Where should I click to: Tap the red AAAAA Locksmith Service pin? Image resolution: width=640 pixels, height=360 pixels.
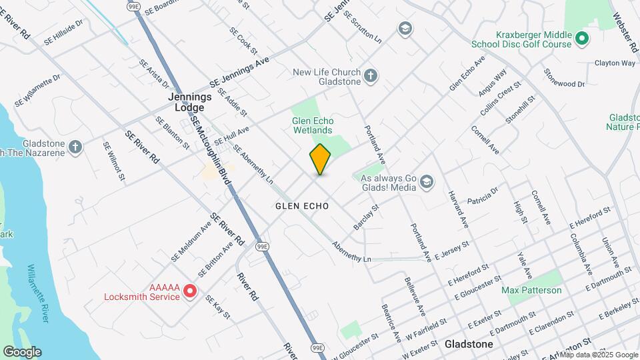coord(190,291)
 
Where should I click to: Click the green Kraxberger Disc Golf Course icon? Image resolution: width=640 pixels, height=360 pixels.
coord(581,39)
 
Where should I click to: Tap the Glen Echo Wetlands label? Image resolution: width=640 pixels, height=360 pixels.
coord(312,125)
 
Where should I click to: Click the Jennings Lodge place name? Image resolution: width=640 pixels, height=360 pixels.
coord(189,101)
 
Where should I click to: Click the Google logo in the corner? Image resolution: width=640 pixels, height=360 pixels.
coord(22,352)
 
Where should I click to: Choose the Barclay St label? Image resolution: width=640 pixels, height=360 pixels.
coord(366,217)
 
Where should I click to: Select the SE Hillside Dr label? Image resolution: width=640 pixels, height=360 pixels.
coord(63,32)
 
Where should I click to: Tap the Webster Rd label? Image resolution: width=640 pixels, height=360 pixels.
coord(625,28)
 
